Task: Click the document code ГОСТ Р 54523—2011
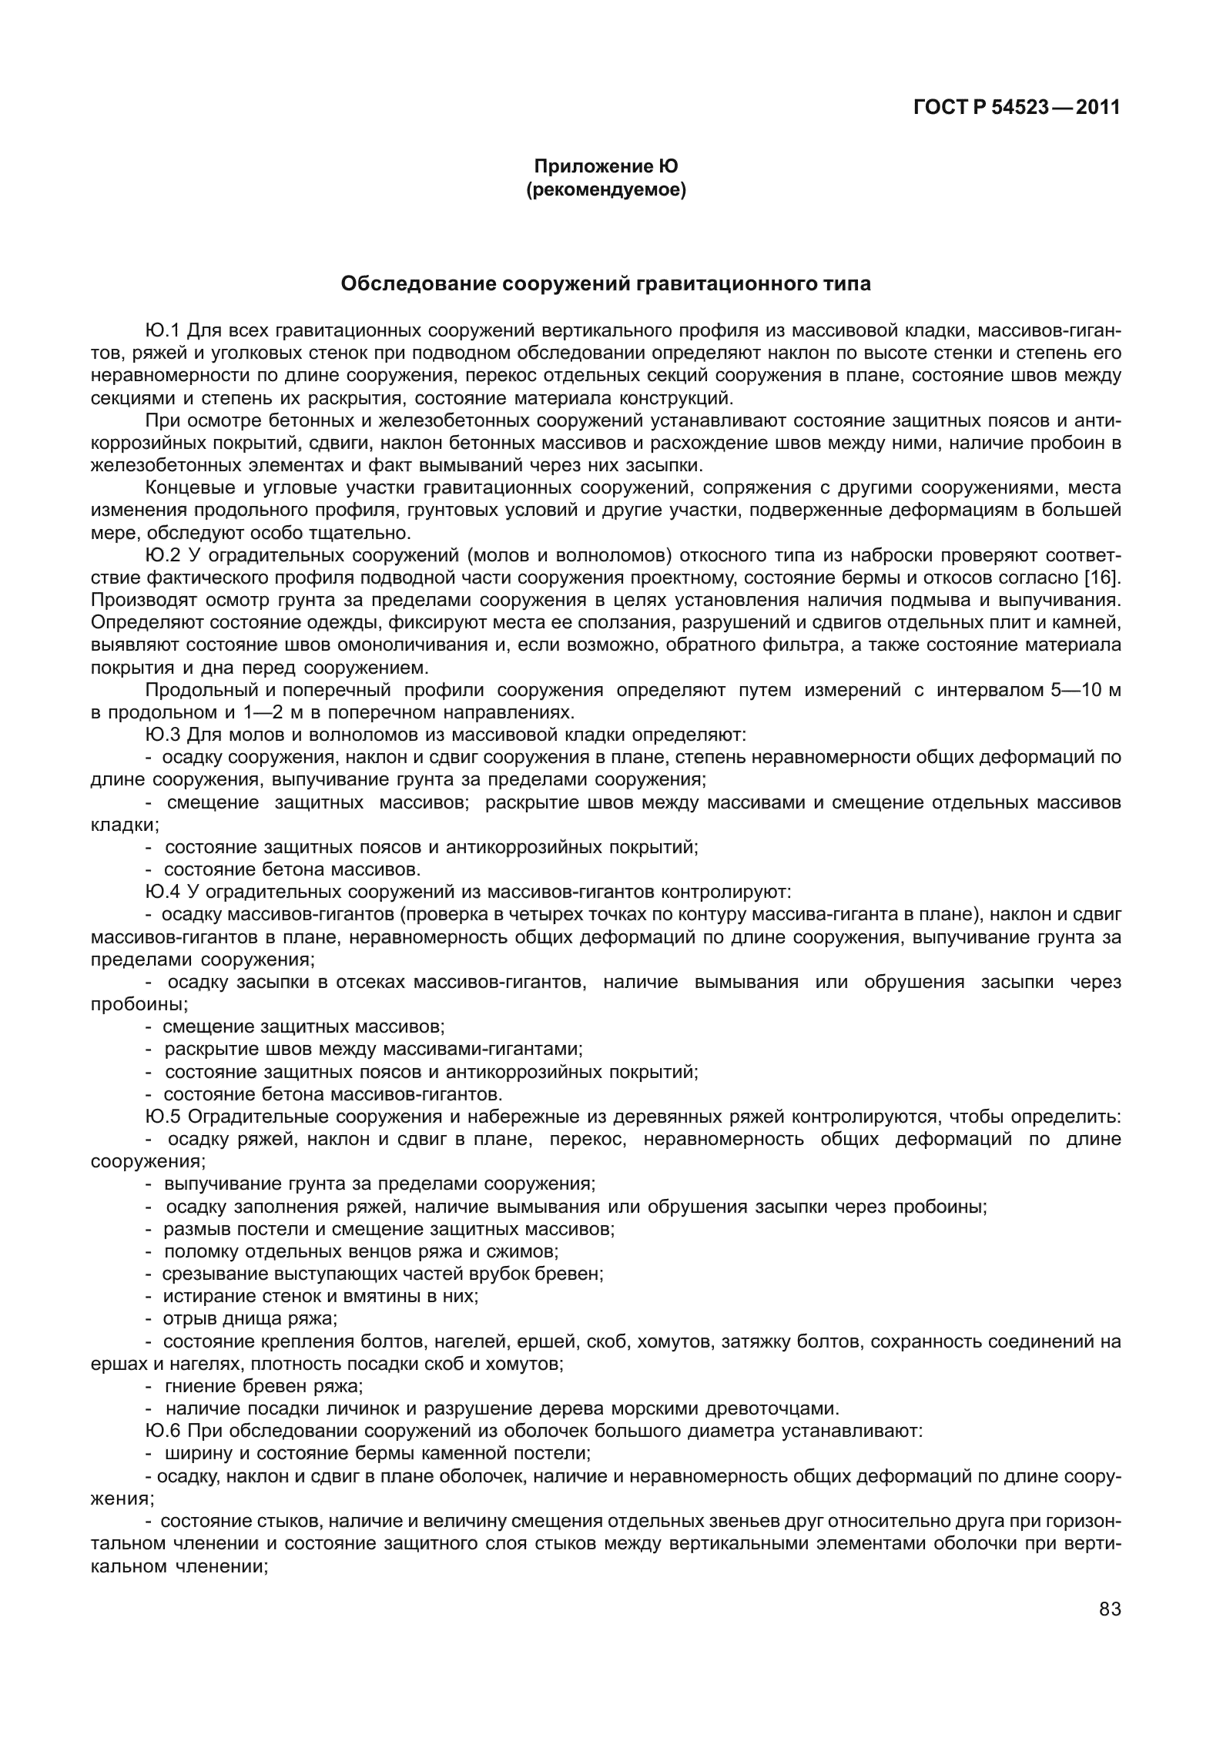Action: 1016,108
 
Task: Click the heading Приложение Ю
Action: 605,166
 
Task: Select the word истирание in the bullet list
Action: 199,1296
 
